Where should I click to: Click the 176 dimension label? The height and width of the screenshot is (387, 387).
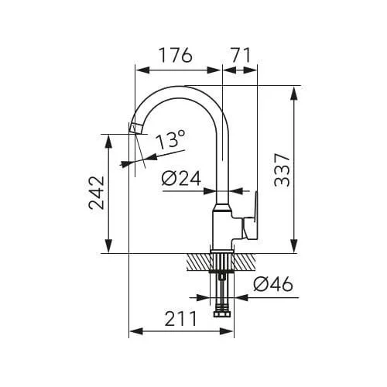[176, 55]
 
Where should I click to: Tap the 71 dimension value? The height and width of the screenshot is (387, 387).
[241, 55]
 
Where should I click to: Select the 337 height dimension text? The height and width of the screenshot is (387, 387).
[282, 170]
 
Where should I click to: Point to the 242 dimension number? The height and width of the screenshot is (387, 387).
[97, 193]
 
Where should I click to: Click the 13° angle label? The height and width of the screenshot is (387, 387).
[170, 139]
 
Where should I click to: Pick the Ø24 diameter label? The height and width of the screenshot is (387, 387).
[181, 179]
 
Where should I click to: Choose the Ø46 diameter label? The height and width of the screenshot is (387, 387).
[273, 284]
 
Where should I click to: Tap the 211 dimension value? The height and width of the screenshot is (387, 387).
[180, 319]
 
